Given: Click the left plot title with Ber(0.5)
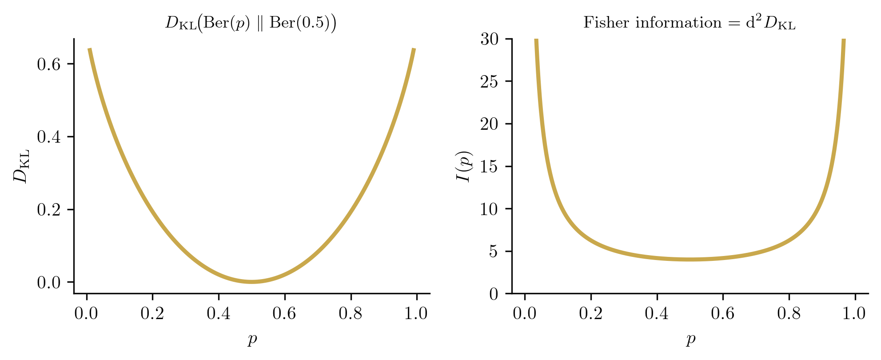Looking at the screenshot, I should coord(251,23).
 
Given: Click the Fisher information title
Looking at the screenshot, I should coord(689,23).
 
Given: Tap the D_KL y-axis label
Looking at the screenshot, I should coord(21,166).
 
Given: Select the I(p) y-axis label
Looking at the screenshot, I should coord(464,167).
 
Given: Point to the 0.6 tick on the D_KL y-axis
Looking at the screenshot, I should coord(49,64).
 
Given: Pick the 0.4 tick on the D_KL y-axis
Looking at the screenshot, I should coord(49,137).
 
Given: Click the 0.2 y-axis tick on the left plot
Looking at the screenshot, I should coord(49,210).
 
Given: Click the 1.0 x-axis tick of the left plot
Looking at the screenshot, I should coord(416,314).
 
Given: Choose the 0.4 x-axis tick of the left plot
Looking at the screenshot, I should coord(219,314).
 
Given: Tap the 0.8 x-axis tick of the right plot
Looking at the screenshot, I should coord(789,314).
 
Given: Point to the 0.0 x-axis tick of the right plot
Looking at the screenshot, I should coord(525,314).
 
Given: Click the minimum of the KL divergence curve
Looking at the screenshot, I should coord(252,282).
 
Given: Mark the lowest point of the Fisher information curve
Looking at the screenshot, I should coord(690,260).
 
